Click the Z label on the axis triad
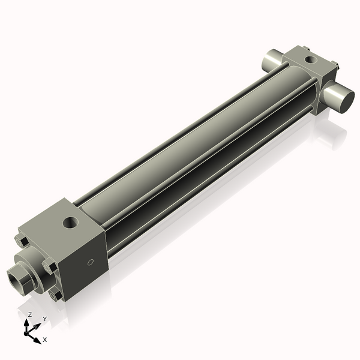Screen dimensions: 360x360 pos(30,314)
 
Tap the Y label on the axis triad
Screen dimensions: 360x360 pos(44,319)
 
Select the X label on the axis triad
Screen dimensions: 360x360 pos(44,340)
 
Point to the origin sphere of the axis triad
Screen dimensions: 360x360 pos(28,331)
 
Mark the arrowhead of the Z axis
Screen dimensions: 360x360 pos(28,322)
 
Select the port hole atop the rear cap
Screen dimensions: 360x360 pos(309,60)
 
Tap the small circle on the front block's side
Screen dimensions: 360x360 pos(91,262)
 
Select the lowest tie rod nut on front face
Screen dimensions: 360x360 pos(56,295)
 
